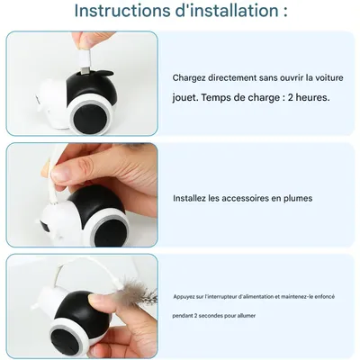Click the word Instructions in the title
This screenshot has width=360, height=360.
pyautogui.click(x=121, y=11)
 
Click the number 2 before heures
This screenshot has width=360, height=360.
pyautogui.click(x=291, y=98)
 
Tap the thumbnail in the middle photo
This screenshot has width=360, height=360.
pyautogui.click(x=62, y=174)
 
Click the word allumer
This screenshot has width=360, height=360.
pyautogui.click(x=247, y=316)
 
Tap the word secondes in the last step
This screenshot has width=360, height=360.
pyautogui.click(x=208, y=316)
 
